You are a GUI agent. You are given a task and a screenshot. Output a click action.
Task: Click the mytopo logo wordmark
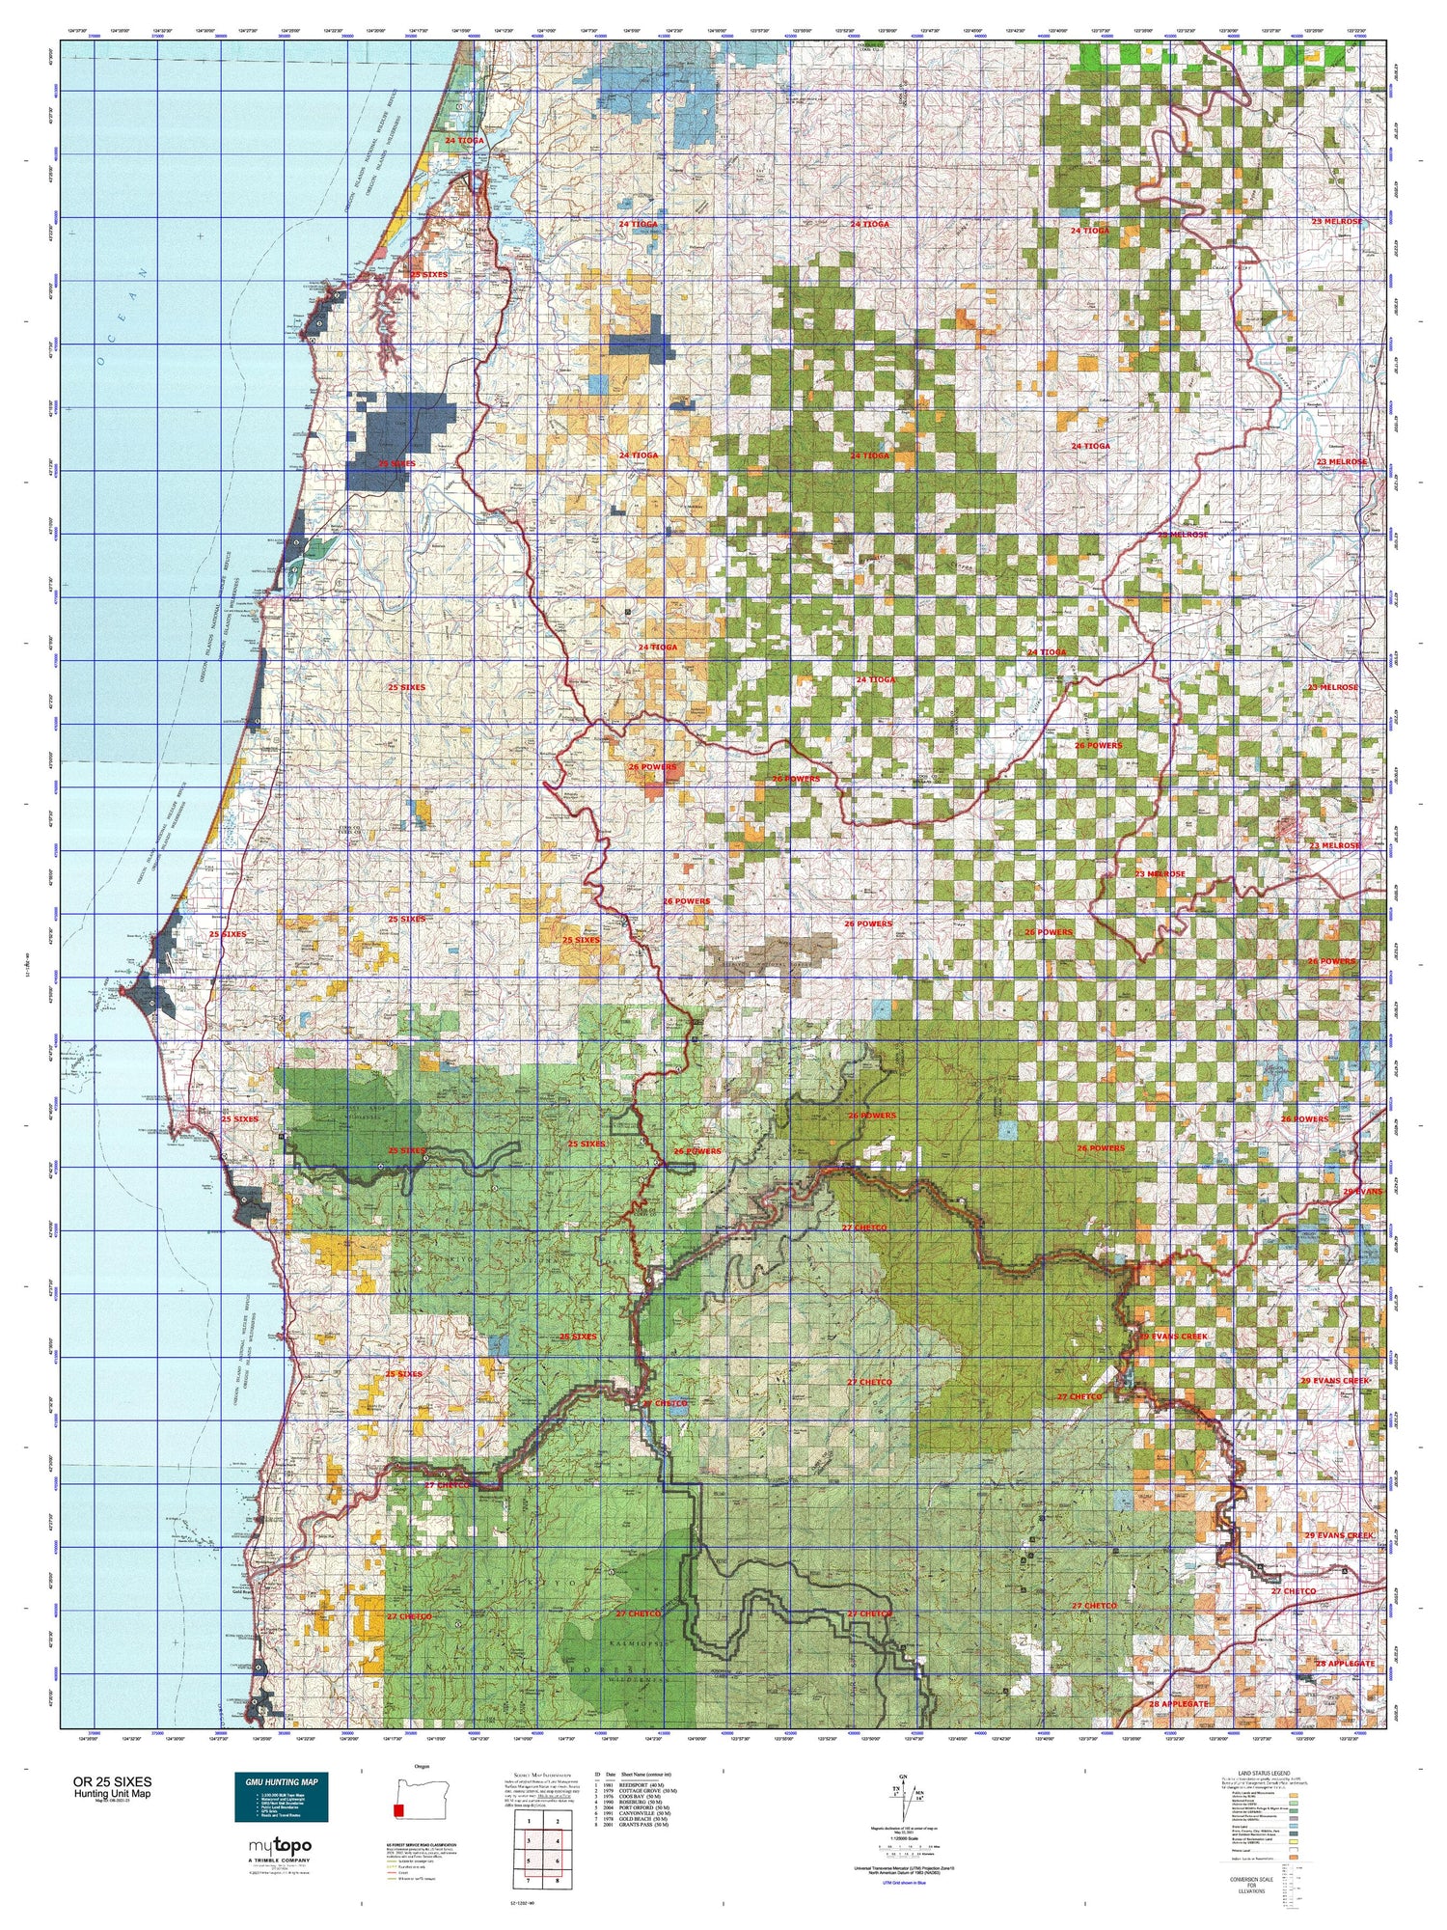tap(281, 1847)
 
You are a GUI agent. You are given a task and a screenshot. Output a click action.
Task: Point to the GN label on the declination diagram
tap(903, 1777)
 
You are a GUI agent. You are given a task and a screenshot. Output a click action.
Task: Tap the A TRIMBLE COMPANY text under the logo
tap(281, 1860)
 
